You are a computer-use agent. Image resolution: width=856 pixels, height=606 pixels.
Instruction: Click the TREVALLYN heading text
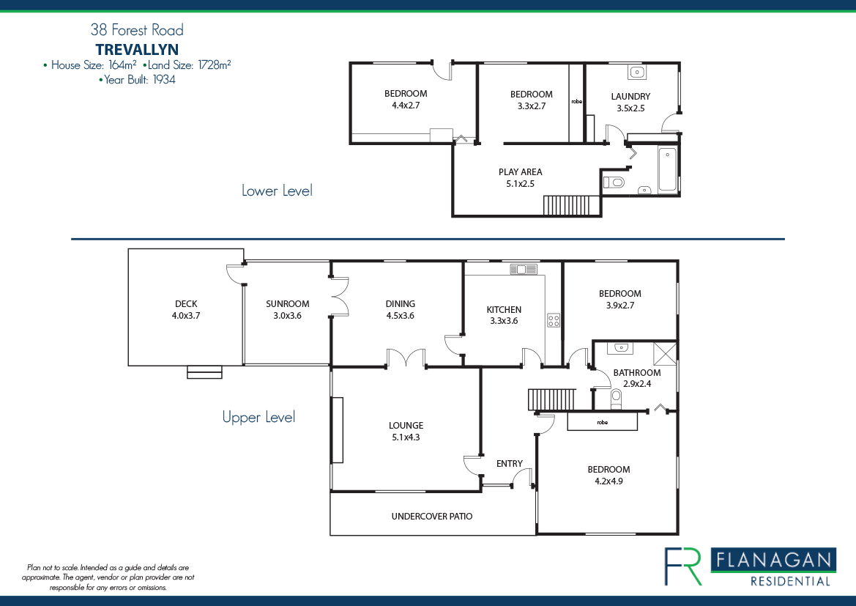pos(137,49)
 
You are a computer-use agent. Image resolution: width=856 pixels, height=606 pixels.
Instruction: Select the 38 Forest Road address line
pos(137,30)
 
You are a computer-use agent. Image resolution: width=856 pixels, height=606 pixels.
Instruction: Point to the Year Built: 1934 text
pos(137,80)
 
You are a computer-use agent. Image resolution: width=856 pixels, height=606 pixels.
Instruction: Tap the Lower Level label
pos(277,191)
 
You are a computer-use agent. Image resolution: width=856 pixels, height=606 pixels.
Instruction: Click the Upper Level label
pos(258,417)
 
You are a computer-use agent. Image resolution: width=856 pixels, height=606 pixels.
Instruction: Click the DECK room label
pos(186,304)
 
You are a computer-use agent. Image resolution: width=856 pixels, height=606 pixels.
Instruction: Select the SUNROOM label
pos(287,304)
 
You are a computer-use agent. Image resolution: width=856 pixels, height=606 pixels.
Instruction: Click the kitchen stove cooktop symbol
pos(554,320)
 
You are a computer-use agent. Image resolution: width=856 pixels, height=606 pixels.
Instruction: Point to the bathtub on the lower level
pos(667,169)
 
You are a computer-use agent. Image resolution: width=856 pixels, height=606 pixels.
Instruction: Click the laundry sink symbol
pos(636,72)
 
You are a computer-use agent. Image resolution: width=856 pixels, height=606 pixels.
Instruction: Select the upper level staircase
pos(551,400)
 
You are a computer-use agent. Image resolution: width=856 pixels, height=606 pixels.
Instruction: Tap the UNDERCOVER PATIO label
pos(432,517)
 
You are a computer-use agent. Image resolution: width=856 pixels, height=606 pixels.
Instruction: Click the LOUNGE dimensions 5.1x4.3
pos(406,437)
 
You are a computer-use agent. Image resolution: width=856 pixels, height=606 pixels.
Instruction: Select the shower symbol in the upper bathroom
pos(664,352)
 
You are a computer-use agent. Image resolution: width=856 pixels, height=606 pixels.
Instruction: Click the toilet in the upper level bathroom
pos(615,398)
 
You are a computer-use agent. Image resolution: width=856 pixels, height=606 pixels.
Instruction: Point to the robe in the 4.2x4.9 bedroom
pos(602,422)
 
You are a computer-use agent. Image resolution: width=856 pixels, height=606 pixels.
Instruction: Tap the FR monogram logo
pos(682,566)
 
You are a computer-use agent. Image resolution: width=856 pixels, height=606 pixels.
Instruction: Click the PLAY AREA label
pos(520,172)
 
